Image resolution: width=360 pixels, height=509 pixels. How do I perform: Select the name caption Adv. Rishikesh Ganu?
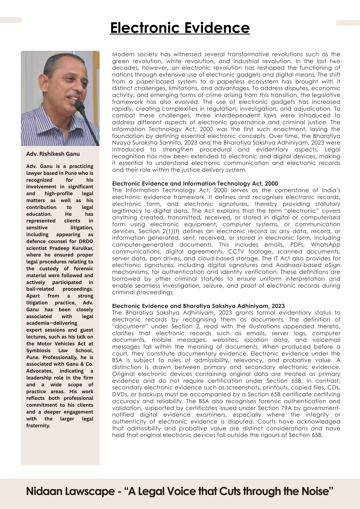[x=53, y=154]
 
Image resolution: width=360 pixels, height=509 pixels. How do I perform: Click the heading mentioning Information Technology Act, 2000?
[x=195, y=183]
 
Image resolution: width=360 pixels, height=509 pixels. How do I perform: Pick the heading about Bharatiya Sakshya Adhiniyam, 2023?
[x=198, y=306]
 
